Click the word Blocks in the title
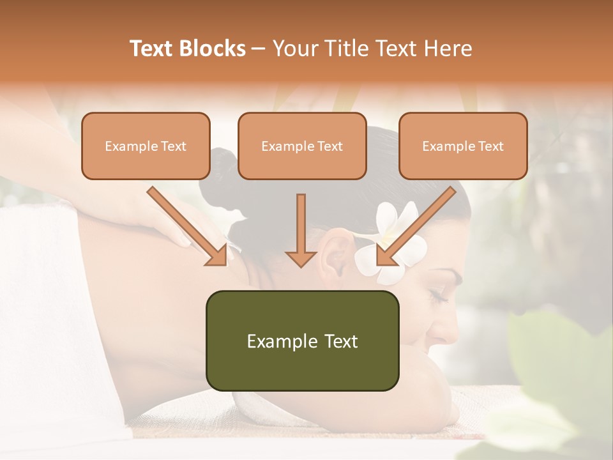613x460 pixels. point(213,49)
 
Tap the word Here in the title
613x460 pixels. point(448,49)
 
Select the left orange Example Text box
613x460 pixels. point(146,146)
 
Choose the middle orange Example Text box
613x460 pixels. point(302,146)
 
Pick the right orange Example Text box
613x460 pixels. point(463,146)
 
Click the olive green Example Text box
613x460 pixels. point(302,341)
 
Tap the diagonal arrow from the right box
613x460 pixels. point(415,226)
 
